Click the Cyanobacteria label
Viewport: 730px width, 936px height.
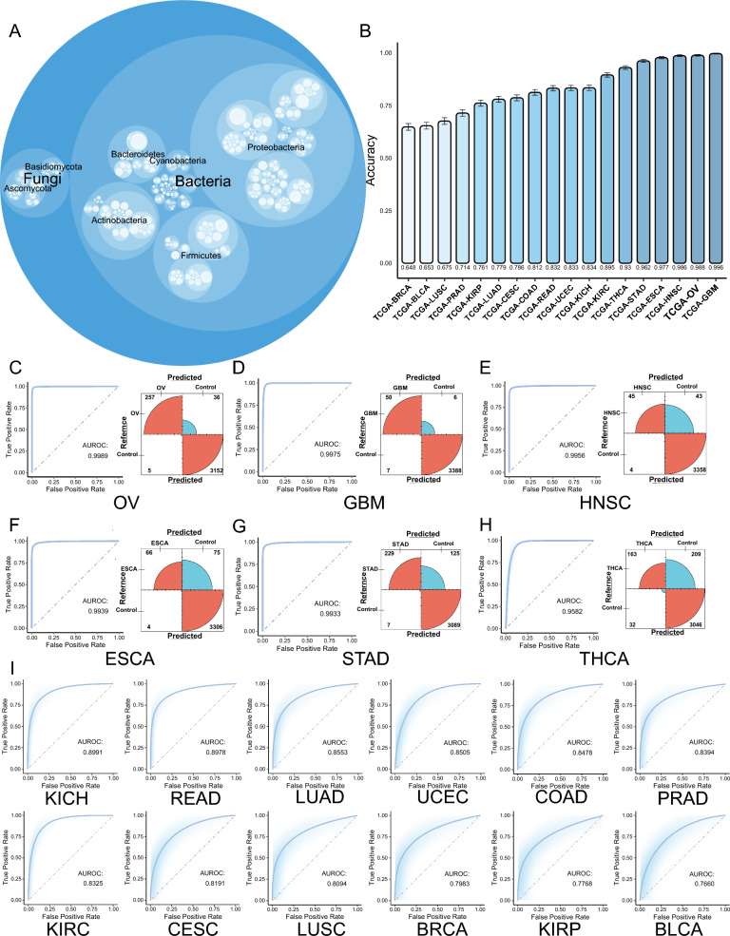(x=180, y=162)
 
